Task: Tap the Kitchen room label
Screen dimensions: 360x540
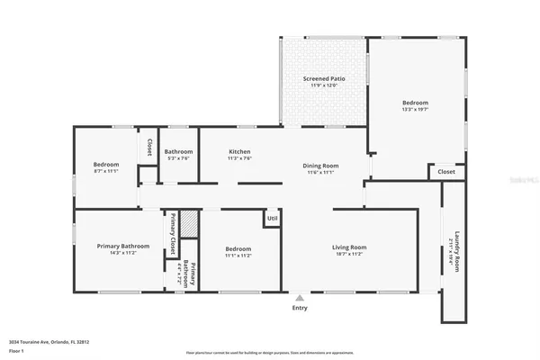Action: (x=239, y=152)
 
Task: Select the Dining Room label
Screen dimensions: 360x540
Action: (x=320, y=166)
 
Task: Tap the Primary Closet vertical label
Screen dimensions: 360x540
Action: (x=172, y=233)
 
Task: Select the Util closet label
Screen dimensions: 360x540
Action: (x=272, y=218)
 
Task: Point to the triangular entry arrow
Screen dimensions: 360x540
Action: (x=299, y=296)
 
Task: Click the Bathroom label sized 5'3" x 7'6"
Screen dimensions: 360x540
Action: (x=178, y=152)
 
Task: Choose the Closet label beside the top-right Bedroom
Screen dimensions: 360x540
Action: (x=446, y=171)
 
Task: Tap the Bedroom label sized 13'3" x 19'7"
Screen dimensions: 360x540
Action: (x=415, y=103)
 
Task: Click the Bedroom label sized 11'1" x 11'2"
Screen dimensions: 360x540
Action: (x=238, y=248)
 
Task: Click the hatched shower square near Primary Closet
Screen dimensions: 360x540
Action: (x=188, y=223)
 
